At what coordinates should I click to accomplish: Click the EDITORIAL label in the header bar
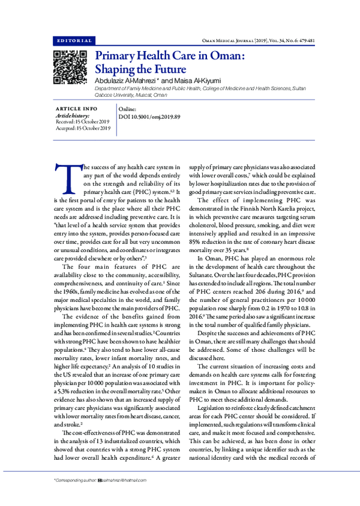click(74, 41)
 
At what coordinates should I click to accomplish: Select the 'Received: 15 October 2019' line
click(82, 121)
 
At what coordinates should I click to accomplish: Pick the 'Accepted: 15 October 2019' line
click(82, 128)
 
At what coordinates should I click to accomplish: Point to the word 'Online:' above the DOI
click(128, 109)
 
